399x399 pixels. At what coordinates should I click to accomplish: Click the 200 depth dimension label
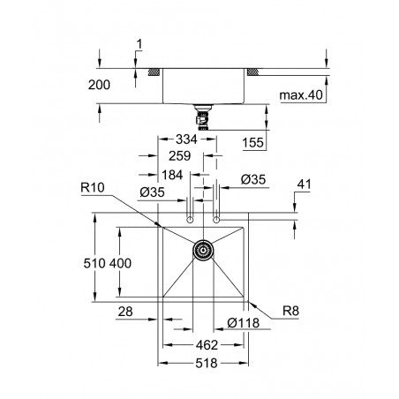coord(99,85)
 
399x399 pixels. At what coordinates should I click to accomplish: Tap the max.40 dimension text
coord(301,95)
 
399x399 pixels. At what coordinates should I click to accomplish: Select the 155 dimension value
coord(252,143)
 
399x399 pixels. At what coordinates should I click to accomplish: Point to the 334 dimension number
coord(186,139)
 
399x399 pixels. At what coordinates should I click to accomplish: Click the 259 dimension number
coord(179,155)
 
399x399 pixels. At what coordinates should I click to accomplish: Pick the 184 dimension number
coord(172,175)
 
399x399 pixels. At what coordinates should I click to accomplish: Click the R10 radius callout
coord(93,187)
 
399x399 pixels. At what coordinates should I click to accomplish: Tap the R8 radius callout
coord(290,311)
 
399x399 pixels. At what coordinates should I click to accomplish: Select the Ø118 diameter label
coord(244,323)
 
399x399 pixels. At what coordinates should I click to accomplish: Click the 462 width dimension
coord(207,345)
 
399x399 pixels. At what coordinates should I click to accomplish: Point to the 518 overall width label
coord(207,363)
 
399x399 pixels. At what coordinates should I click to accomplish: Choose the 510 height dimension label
coord(94,263)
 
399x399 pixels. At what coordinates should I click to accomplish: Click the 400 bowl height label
coord(120,263)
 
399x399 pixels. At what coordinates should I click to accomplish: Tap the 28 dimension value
coord(125,312)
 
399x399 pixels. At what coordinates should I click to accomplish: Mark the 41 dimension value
coord(304,184)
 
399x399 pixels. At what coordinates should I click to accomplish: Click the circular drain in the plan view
coord(203,250)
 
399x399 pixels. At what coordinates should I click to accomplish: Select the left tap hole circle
coord(190,220)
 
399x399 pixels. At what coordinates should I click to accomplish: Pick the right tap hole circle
coord(216,220)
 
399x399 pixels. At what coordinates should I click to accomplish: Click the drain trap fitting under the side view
coord(203,117)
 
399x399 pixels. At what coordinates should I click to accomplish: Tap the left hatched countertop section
coord(154,72)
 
